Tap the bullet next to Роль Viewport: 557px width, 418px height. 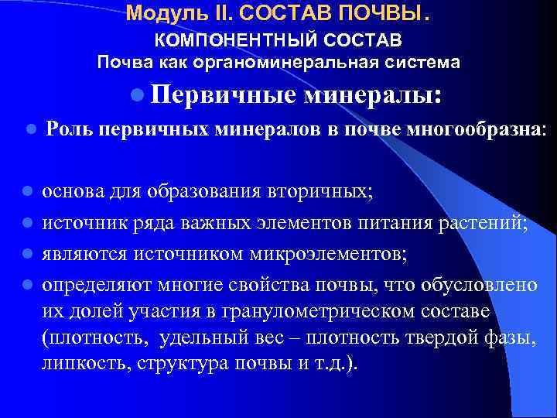pyautogui.click(x=29, y=129)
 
